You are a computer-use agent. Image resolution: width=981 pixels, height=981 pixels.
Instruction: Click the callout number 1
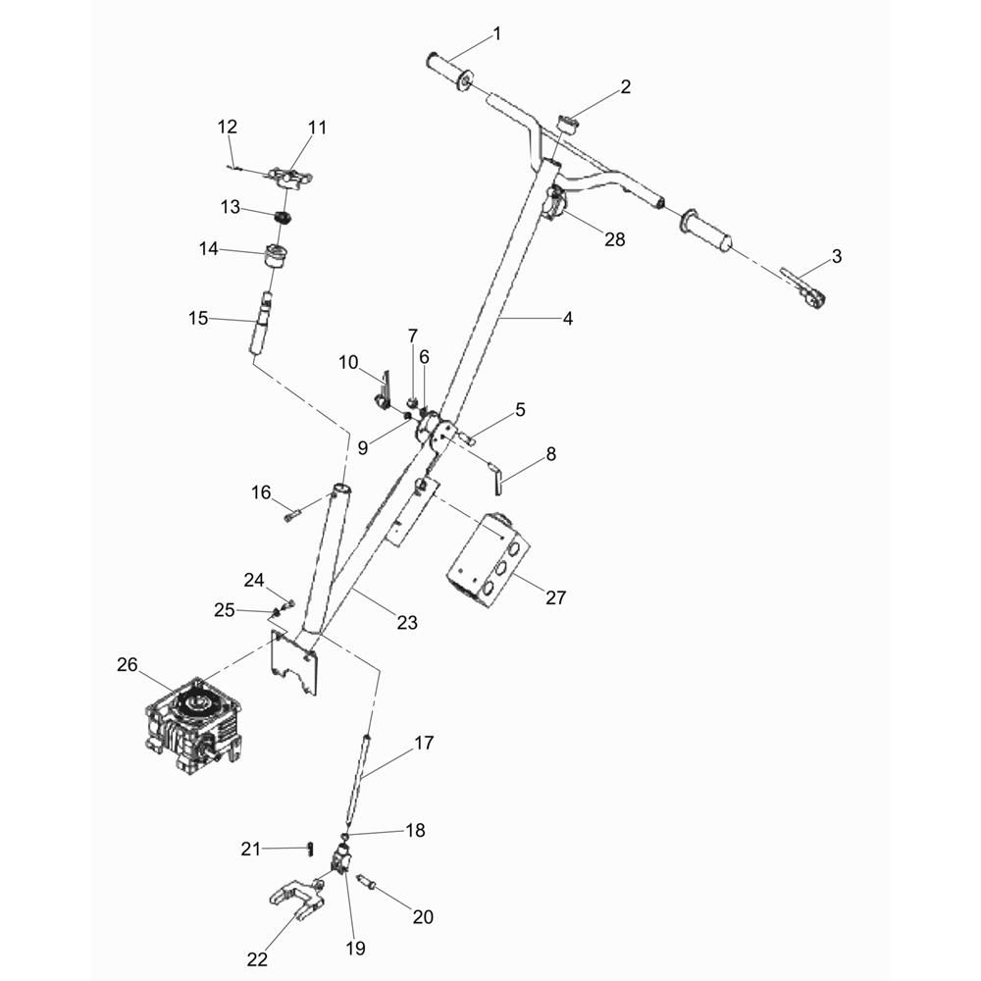click(497, 33)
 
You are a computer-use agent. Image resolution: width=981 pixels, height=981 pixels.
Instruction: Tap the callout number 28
click(614, 239)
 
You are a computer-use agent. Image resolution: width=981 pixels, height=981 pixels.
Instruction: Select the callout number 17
click(424, 743)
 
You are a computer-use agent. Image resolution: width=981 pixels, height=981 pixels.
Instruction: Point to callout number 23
click(407, 623)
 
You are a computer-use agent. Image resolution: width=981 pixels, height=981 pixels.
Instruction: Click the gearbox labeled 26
click(194, 726)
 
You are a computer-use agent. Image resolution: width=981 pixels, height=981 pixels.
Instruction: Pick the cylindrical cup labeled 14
click(276, 256)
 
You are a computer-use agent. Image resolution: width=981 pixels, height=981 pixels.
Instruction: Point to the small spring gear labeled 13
click(284, 219)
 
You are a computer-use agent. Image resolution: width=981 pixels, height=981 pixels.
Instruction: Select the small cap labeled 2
click(568, 124)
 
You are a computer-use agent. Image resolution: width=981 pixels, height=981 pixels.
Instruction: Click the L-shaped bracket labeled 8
click(496, 478)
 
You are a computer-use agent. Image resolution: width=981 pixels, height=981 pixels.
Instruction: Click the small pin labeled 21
click(310, 849)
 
